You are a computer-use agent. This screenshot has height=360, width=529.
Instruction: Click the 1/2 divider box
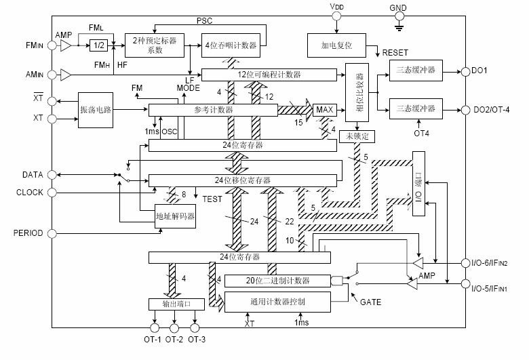98,45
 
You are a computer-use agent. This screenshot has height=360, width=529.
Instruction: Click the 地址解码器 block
175,216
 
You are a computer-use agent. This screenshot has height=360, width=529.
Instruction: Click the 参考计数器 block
214,109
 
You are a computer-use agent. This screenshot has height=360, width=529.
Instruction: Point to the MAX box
325,109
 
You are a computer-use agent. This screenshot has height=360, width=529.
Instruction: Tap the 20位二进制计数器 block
276,281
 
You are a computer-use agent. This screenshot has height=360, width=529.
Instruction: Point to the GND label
399,8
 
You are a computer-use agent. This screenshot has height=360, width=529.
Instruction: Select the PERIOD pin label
28,233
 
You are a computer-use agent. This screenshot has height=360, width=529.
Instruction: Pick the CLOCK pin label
29,193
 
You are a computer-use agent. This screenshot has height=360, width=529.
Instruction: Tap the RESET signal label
395,52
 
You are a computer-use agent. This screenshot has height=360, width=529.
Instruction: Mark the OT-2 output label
175,339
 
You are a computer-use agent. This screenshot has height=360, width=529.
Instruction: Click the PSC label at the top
205,22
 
